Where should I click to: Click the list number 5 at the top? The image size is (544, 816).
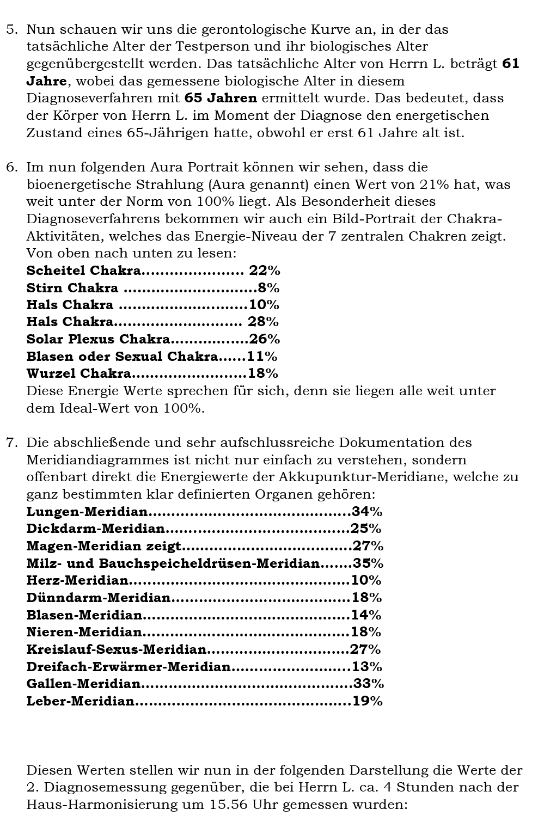pyautogui.click(x=10, y=29)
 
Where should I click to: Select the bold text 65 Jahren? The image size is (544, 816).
pyautogui.click(x=221, y=99)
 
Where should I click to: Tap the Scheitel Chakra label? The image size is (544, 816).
pyautogui.click(x=84, y=271)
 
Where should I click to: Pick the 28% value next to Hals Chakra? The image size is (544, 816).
pyautogui.click(x=264, y=322)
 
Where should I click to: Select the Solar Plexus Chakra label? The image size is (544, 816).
pyautogui.click(x=98, y=339)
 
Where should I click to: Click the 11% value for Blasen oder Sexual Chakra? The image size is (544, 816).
pyautogui.click(x=262, y=357)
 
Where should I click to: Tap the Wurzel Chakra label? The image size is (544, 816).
pyautogui.click(x=79, y=373)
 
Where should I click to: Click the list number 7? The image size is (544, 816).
pyautogui.click(x=10, y=443)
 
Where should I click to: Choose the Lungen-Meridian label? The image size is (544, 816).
pyautogui.click(x=87, y=512)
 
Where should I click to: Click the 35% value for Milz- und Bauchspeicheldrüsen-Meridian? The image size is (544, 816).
pyautogui.click(x=369, y=563)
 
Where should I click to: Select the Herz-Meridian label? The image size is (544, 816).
pyautogui.click(x=78, y=580)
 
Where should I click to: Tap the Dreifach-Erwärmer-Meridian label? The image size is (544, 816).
pyautogui.click(x=129, y=667)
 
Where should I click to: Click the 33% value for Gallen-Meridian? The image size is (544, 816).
pyautogui.click(x=369, y=684)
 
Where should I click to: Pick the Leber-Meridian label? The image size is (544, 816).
pyautogui.click(x=81, y=701)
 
